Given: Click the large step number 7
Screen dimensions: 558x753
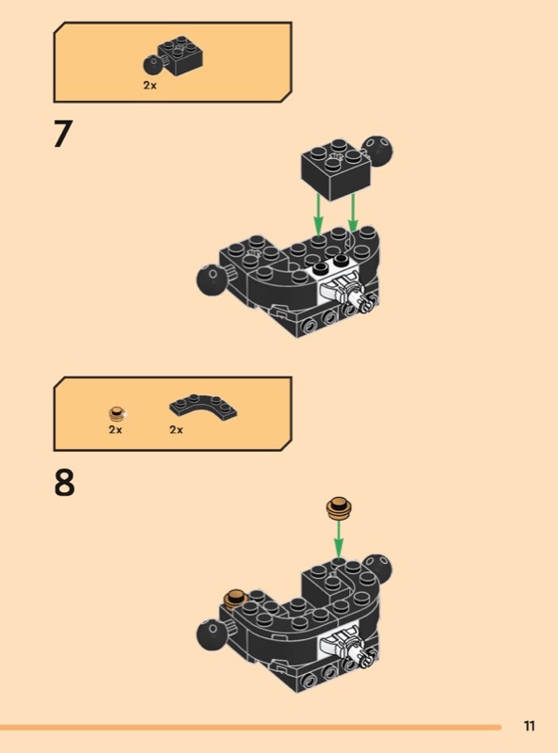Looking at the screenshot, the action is (63, 134).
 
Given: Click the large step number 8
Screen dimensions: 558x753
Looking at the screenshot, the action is (64, 483).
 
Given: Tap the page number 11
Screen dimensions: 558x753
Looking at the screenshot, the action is (529, 726).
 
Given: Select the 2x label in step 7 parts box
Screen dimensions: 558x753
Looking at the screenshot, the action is (150, 86).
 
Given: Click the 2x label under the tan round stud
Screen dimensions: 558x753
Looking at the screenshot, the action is (115, 429).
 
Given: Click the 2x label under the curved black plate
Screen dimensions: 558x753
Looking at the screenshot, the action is (176, 429).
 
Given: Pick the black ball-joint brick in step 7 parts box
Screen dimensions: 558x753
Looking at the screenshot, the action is (173, 56).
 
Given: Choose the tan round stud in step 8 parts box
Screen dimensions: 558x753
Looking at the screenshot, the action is (117, 413).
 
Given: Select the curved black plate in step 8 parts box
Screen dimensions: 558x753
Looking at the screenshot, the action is (203, 408).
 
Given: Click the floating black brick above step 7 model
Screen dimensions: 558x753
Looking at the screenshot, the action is (337, 169).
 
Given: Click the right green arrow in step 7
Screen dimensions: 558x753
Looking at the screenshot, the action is (353, 213).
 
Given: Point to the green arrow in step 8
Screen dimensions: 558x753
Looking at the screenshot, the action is (339, 538).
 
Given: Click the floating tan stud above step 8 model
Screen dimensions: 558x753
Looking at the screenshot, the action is (339, 508).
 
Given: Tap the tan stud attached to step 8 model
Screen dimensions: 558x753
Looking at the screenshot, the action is (235, 599).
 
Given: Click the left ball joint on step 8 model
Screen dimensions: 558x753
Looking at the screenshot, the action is (212, 633).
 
